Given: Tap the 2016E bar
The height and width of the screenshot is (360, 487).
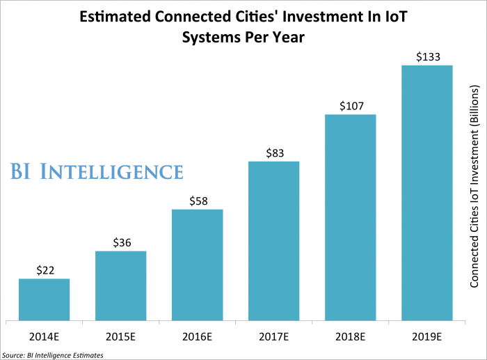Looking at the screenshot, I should [197, 265].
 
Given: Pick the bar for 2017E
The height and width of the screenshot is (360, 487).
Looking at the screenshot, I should [273, 241].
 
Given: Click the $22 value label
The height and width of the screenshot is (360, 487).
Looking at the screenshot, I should [44, 270].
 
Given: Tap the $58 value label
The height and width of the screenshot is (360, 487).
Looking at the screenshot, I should [197, 201].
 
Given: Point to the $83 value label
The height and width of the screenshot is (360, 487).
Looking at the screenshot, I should [273, 153].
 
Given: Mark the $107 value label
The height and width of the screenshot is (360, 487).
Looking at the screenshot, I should [350, 106].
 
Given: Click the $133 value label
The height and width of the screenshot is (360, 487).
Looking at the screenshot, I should [426, 57].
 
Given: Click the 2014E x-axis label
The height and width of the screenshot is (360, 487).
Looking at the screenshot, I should [44, 337].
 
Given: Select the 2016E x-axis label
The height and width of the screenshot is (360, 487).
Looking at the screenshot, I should [197, 337].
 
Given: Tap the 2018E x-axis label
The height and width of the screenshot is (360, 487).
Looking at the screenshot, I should [350, 337].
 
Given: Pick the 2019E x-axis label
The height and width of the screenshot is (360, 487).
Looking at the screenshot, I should [426, 337].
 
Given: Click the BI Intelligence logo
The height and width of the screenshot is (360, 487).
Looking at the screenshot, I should [97, 171].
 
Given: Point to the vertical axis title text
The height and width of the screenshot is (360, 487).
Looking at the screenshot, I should [474, 188].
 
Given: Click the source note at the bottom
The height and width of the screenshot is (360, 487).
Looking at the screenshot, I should [53, 355].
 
